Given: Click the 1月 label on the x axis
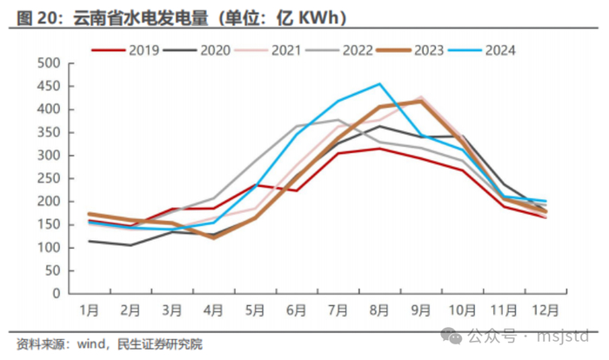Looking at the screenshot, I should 89,309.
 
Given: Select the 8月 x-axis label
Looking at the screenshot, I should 379,309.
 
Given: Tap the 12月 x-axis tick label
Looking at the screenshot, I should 545,309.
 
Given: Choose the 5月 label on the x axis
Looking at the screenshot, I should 255,309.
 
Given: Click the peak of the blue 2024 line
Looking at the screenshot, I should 379,84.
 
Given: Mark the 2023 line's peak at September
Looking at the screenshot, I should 421,101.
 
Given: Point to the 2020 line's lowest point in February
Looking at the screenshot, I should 130,244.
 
